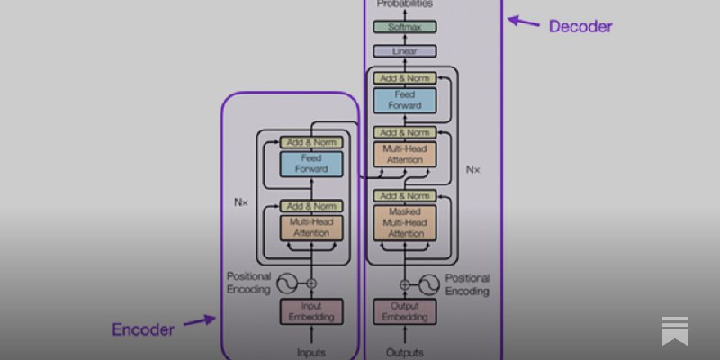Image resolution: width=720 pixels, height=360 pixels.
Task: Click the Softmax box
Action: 404,28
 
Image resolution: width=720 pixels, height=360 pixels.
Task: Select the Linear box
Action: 404,51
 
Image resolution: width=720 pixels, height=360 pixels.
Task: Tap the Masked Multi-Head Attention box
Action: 404,222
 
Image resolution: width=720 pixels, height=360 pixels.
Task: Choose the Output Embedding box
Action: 404,311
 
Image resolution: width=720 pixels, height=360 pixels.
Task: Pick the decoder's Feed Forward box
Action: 404,100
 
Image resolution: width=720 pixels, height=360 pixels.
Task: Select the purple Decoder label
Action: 580,27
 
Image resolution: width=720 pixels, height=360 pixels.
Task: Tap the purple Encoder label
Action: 142,329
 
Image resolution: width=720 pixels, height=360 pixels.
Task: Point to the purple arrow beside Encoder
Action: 198,320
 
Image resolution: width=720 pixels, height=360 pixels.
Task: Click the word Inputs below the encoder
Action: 311,352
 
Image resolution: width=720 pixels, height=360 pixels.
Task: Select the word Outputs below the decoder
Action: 404,352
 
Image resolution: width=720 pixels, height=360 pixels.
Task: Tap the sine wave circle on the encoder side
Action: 286,283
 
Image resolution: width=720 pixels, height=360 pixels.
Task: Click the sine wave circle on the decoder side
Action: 430,283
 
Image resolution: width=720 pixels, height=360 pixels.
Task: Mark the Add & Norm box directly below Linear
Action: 404,78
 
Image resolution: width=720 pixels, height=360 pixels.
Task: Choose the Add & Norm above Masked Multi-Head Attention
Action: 404,195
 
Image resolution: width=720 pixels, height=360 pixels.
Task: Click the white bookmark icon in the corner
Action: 675,329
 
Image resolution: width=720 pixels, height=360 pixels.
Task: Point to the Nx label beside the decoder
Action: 473,168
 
